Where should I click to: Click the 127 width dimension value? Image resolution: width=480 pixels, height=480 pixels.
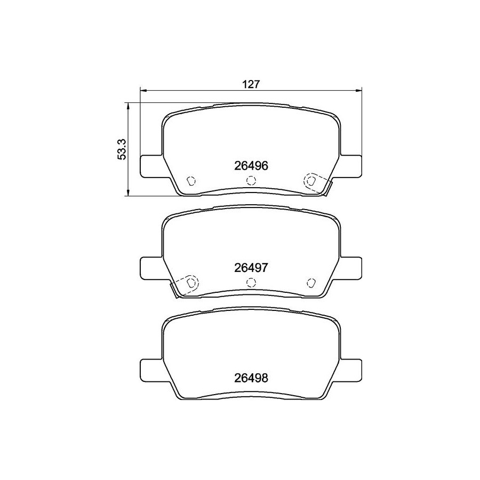click(251, 84)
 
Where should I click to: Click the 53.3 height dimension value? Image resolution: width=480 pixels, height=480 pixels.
click(122, 149)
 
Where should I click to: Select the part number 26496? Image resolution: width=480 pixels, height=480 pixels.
click(251, 166)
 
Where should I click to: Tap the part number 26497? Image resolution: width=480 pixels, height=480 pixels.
click(251, 268)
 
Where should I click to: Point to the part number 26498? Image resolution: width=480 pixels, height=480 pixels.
click(251, 378)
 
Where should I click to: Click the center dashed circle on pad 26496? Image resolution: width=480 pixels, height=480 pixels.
click(251, 181)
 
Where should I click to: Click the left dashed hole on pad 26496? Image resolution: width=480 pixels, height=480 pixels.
click(191, 181)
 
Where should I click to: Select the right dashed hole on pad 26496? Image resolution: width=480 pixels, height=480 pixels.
click(311, 181)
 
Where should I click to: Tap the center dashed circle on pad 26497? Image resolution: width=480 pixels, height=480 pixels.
click(251, 282)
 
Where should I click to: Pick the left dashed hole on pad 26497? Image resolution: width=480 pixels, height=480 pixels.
click(191, 282)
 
